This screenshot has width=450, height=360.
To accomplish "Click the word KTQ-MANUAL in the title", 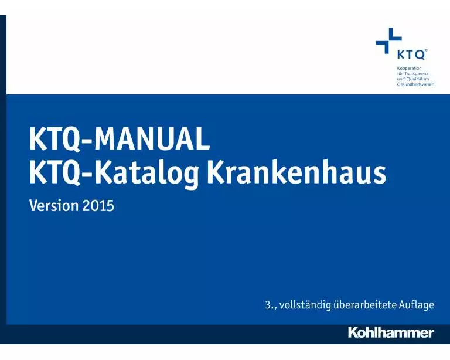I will [119, 141].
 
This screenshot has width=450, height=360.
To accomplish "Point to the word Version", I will [54, 206].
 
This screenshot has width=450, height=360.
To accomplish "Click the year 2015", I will [98, 206].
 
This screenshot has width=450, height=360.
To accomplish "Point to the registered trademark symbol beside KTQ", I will [426, 50].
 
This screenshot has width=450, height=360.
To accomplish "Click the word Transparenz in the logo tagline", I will [417, 74].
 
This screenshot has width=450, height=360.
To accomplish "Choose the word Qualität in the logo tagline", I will [417, 79].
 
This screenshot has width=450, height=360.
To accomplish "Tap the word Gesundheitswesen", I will [416, 84].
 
